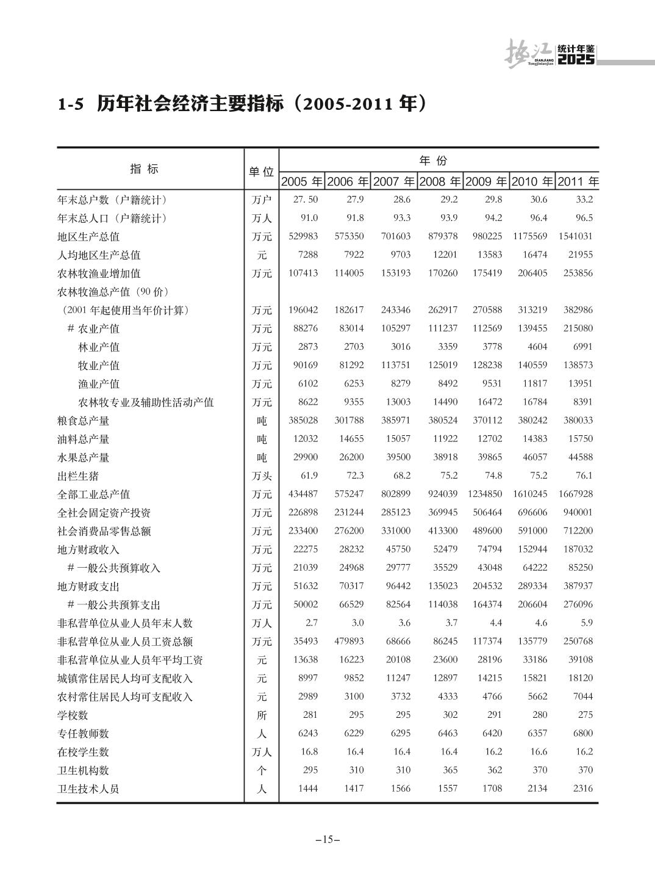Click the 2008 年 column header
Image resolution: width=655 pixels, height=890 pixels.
pyautogui.click(x=440, y=182)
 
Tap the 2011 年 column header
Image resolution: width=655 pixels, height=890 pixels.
pyautogui.click(x=578, y=182)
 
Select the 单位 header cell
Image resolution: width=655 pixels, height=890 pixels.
pyautogui.click(x=261, y=172)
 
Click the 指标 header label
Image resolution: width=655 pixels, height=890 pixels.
pyautogui.click(x=145, y=169)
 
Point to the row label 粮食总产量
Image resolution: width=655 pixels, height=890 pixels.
pyautogui.click(x=84, y=421)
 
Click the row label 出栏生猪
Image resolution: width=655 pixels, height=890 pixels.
pyautogui.click(x=78, y=476)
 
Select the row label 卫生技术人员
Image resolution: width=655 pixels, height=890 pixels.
pyautogui.click(x=88, y=789)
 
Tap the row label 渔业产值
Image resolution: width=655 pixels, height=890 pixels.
pyautogui.click(x=99, y=384)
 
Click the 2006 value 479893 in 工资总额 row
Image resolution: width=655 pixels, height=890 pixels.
pyautogui.click(x=349, y=641)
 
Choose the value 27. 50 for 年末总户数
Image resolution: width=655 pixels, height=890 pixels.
pyautogui.click(x=305, y=200)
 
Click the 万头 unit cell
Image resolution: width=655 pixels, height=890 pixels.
pyautogui.click(x=262, y=476)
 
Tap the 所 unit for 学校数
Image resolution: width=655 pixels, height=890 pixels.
pyautogui.click(x=262, y=715)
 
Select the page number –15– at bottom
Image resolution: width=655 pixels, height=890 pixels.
pyautogui.click(x=327, y=839)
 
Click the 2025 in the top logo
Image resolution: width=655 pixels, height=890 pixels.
pyautogui.click(x=576, y=60)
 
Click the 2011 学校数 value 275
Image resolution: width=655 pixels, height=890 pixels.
pyautogui.click(x=585, y=715)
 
